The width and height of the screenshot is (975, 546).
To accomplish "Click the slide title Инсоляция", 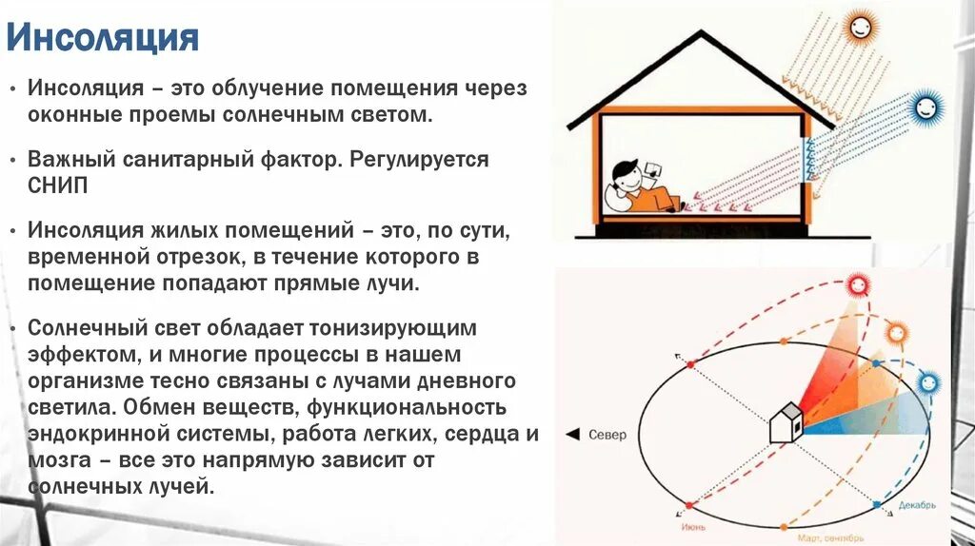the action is click(x=103, y=39).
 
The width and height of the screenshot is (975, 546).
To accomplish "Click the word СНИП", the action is click(x=58, y=185).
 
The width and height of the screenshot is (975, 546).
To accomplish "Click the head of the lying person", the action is click(x=625, y=175).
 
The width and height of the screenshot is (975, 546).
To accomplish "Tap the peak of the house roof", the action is click(x=703, y=33).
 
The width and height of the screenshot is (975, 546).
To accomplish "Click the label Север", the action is click(x=607, y=435).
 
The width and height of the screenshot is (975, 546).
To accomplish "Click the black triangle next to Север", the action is click(x=573, y=435).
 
